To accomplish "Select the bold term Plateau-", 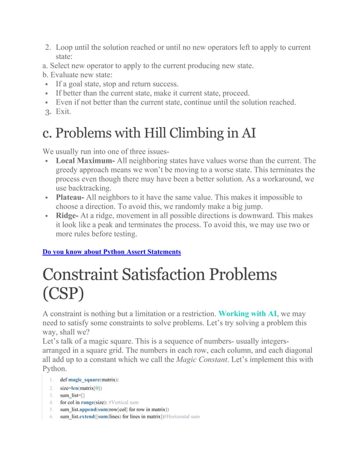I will pyautogui.click(x=70, y=197).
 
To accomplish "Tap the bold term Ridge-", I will pyautogui.click(x=67, y=215).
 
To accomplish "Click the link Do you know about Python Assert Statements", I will pyautogui.click(x=111, y=252).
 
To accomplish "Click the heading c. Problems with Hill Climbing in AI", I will pyautogui.click(x=149, y=134).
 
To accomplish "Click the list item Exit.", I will pyautogui.click(x=63, y=111).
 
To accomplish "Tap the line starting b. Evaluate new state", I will pyautogui.click(x=77, y=75).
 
